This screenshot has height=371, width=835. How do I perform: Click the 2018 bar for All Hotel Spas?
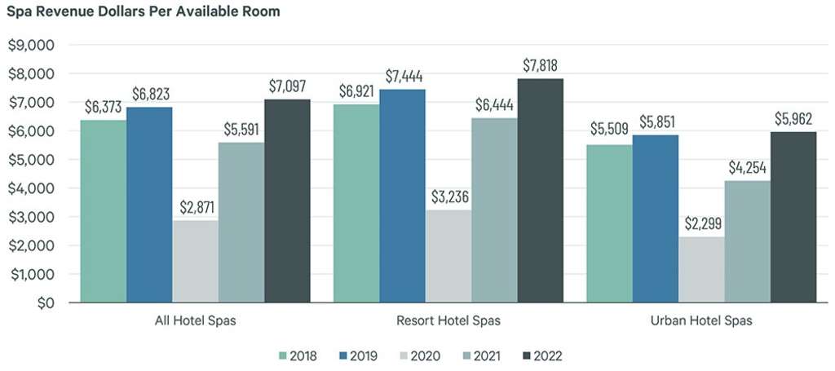tap(103, 211)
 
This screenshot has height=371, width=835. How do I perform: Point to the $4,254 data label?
tap(748, 168)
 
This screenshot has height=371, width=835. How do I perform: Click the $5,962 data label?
tap(793, 119)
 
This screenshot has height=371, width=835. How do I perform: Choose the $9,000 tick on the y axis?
tap(30, 46)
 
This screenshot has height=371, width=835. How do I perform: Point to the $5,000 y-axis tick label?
tap(30, 160)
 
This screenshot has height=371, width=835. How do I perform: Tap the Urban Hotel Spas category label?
tap(701, 321)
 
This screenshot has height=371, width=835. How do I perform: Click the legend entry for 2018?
tap(298, 356)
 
